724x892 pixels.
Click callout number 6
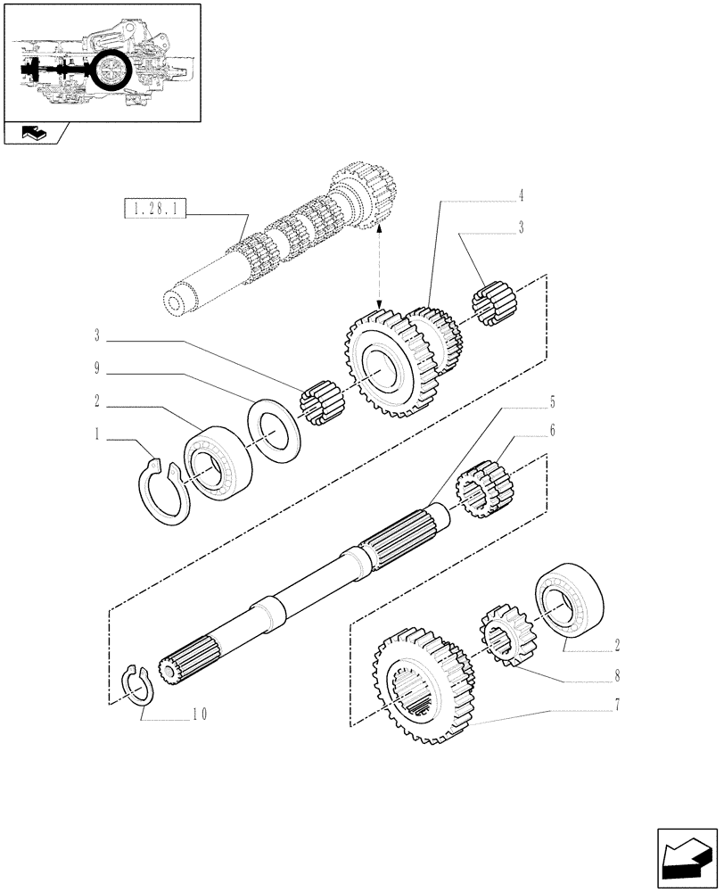[553, 431]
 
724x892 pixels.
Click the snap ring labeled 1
[164, 491]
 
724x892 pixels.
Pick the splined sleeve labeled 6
[483, 487]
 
